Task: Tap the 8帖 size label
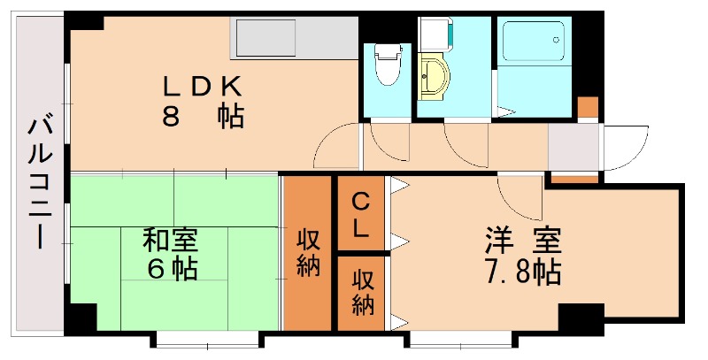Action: (x=203, y=118)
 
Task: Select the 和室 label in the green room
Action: (x=171, y=240)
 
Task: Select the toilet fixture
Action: (x=387, y=65)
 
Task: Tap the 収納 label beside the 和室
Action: (x=308, y=252)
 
